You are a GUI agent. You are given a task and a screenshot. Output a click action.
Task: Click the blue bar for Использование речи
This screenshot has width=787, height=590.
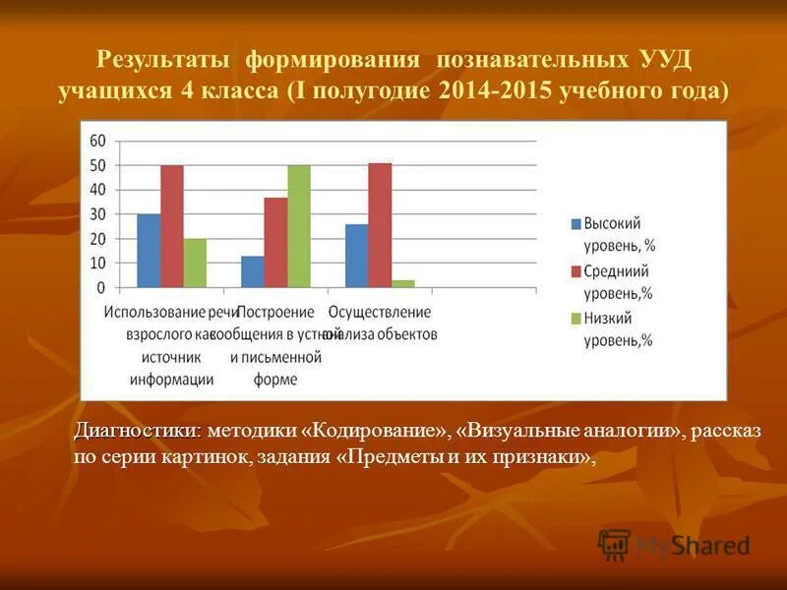click(149, 251)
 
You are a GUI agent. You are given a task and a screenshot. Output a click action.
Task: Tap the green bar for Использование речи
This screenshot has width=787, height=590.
click(195, 263)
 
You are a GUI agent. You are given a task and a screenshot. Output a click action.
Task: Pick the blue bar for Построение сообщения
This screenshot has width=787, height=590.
click(253, 271)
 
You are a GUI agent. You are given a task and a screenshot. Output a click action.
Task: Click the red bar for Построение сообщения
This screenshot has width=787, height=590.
click(275, 242)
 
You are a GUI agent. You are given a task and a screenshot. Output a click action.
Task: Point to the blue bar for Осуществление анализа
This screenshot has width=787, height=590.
click(356, 256)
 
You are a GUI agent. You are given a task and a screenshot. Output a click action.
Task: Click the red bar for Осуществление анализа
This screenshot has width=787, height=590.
click(380, 225)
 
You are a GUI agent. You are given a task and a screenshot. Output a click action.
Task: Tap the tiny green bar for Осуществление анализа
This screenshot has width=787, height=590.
click(402, 283)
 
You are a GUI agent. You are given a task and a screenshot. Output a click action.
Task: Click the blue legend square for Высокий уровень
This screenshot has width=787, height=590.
click(575, 224)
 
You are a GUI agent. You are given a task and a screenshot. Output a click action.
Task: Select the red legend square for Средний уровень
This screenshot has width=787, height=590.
click(575, 271)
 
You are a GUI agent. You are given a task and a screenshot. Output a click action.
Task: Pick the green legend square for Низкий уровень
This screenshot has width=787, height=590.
click(575, 319)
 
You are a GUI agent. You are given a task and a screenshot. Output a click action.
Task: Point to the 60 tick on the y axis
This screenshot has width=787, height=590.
click(98, 142)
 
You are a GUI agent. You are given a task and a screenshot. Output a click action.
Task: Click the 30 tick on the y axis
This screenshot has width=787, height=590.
click(98, 214)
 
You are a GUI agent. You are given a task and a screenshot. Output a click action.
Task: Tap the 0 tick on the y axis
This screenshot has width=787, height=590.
click(102, 288)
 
